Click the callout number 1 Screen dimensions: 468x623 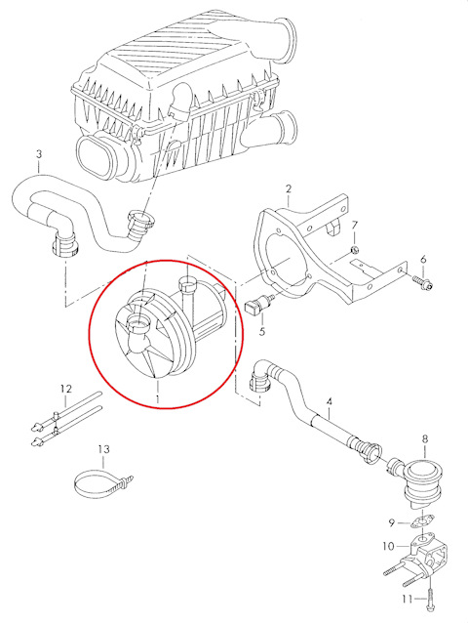(x=157, y=397)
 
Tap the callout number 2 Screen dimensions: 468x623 (x=289, y=188)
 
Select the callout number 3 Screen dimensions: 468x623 (x=39, y=153)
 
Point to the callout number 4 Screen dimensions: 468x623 (x=329, y=401)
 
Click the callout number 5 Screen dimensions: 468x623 (x=261, y=331)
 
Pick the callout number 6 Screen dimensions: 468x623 (x=423, y=260)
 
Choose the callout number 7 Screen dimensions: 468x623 (x=354, y=226)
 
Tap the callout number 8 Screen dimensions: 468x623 (x=425, y=438)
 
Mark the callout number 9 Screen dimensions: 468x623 (x=392, y=522)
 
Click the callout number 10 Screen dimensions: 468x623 (x=389, y=546)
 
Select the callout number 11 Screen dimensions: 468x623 (x=408, y=599)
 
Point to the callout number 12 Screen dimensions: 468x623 (x=66, y=389)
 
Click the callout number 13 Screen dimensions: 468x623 (x=103, y=449)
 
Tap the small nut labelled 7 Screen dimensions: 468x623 (x=356, y=250)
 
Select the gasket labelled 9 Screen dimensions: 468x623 (x=422, y=522)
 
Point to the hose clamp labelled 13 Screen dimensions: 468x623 (x=102, y=483)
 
